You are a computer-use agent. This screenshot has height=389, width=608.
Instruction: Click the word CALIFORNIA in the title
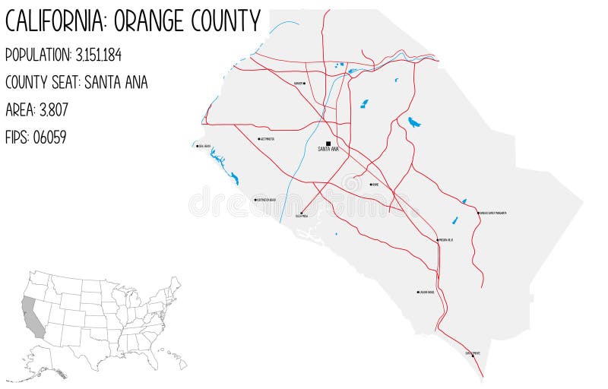[55, 21]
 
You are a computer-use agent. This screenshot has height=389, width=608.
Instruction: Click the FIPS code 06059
[50, 137]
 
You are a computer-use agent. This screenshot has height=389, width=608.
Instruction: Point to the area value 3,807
[52, 109]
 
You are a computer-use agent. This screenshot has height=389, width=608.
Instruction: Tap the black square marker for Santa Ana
[328, 143]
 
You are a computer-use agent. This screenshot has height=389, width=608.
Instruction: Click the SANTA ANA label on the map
[328, 150]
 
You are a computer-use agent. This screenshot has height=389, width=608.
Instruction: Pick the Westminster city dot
[259, 140]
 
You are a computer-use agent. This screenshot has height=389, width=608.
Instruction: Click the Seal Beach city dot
[196, 146]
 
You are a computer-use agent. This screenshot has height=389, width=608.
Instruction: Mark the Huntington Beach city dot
[255, 200]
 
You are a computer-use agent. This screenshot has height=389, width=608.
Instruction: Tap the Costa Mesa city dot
[302, 213]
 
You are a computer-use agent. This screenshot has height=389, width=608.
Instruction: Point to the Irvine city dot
[371, 184]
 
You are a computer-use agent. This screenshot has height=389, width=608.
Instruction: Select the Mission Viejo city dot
[439, 239]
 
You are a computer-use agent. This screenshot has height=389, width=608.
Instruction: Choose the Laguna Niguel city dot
[417, 292]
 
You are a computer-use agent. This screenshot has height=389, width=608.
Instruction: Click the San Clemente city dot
[472, 356]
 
